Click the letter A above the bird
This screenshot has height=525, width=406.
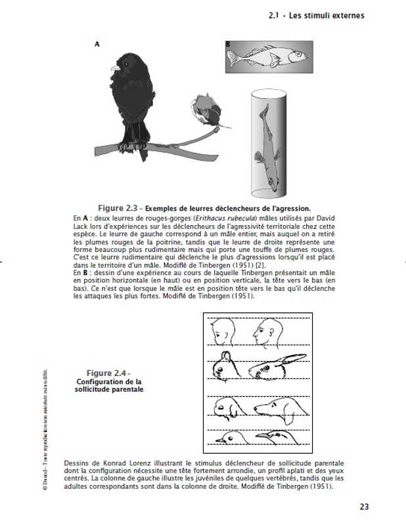click(97, 44)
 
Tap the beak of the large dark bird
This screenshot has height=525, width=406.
click(116, 67)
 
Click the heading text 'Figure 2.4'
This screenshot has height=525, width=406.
click(108, 373)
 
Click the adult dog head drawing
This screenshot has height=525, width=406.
click(279, 408)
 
